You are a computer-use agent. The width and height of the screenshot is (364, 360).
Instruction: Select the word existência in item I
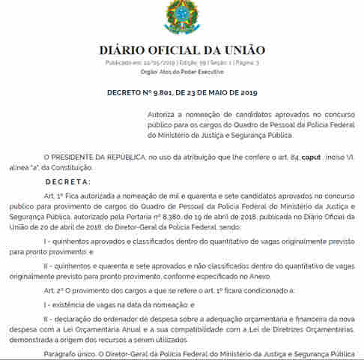[x=71, y=305]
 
